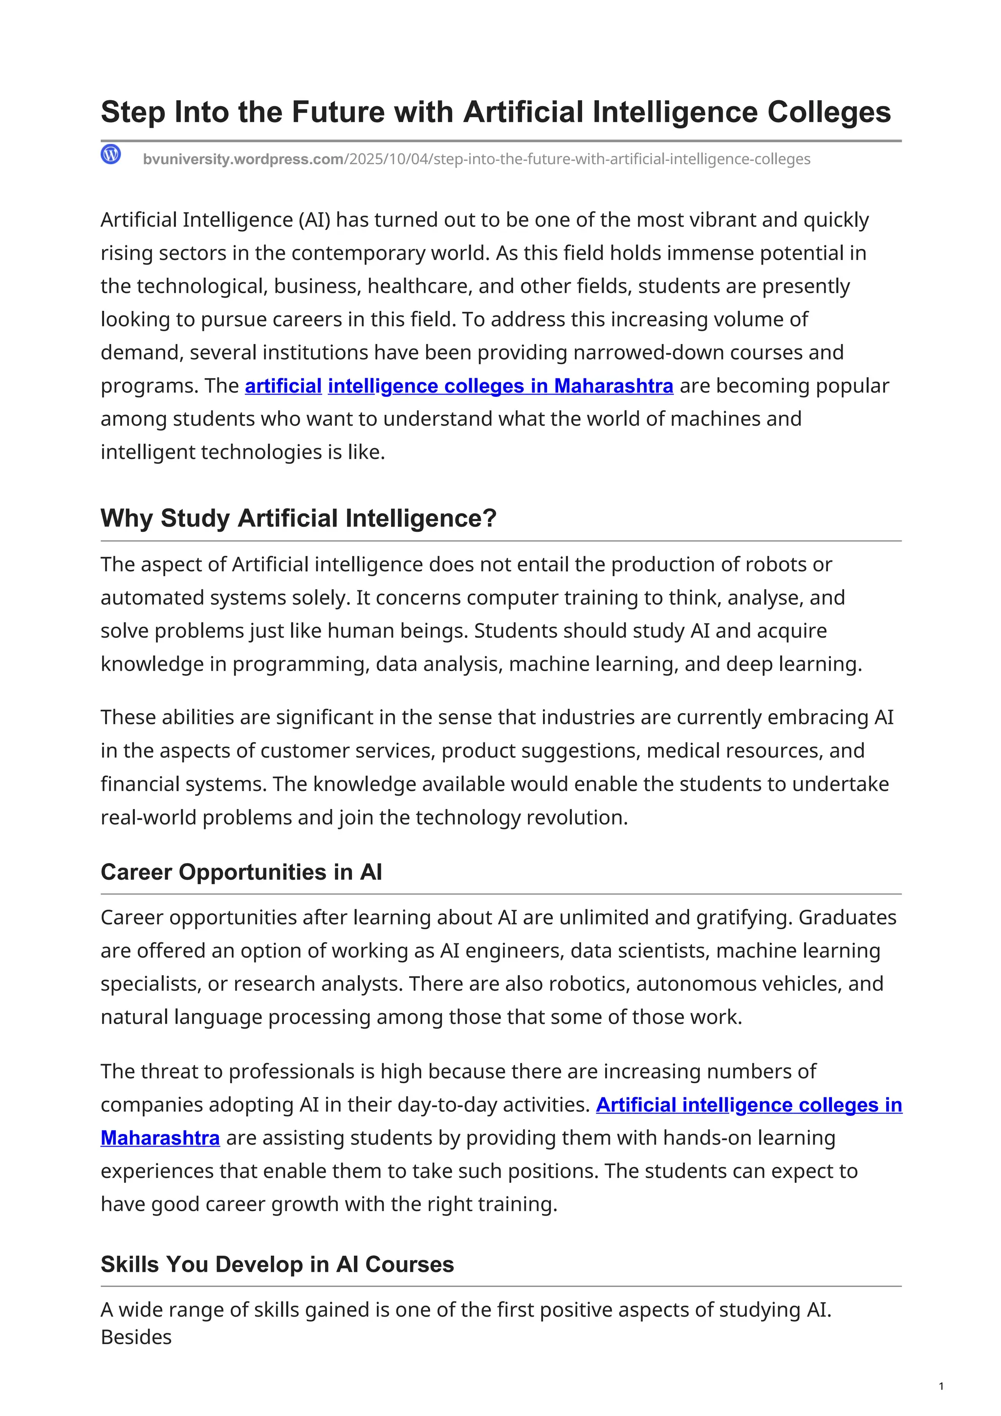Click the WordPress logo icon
pos(111,154)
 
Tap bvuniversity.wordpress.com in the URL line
pos(243,159)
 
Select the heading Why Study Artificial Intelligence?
pos(299,518)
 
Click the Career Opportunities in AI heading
pos(241,872)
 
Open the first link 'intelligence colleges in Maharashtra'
pos(500,386)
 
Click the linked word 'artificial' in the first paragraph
pos(283,386)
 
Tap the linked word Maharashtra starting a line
pos(160,1138)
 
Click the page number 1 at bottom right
pos(941,1386)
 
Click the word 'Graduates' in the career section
pos(847,917)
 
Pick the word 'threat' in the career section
pos(168,1072)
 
